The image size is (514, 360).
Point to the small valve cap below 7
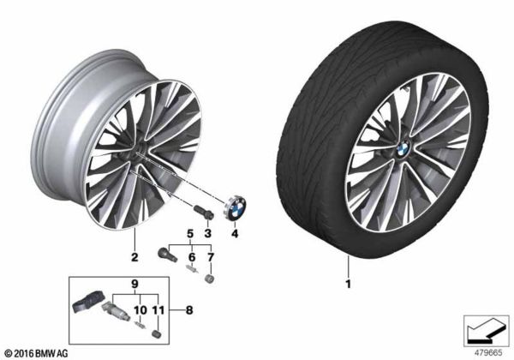coord(209,279)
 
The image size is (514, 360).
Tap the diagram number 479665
coord(487,351)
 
